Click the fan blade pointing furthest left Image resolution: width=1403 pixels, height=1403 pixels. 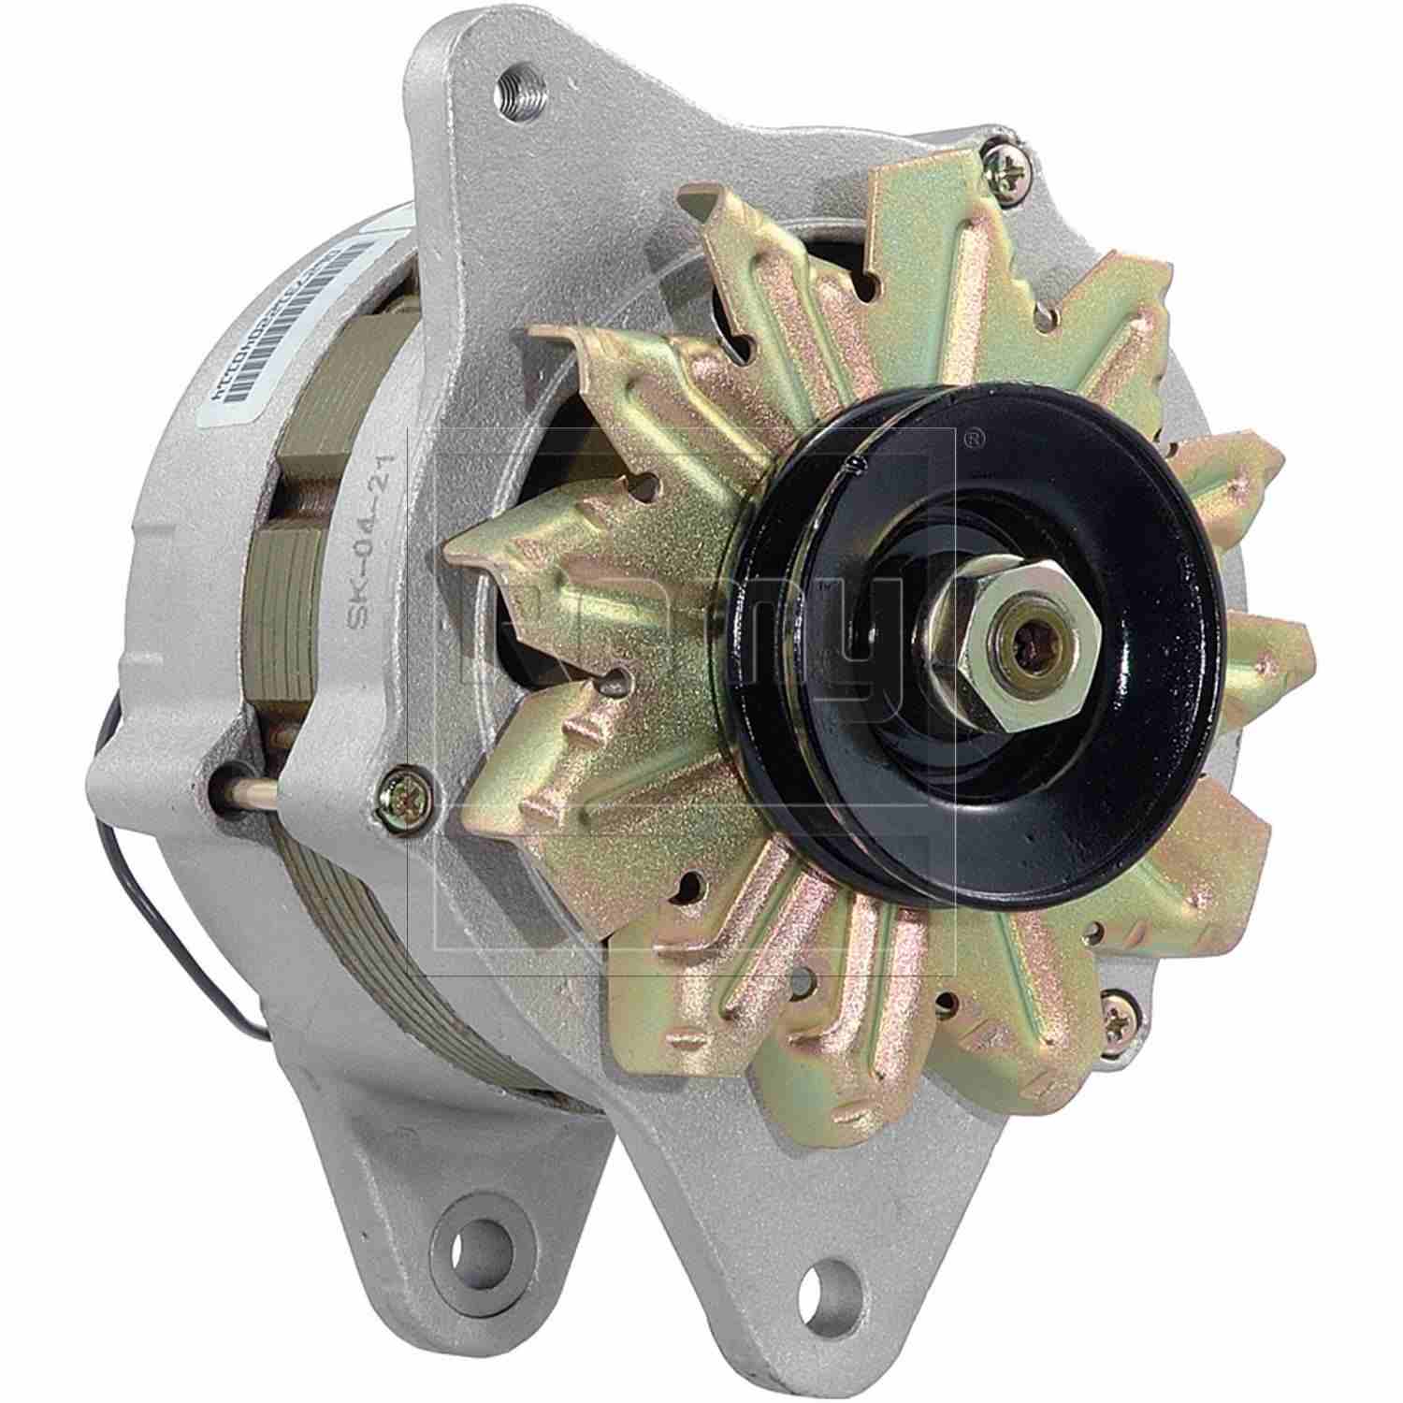point(496,552)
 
